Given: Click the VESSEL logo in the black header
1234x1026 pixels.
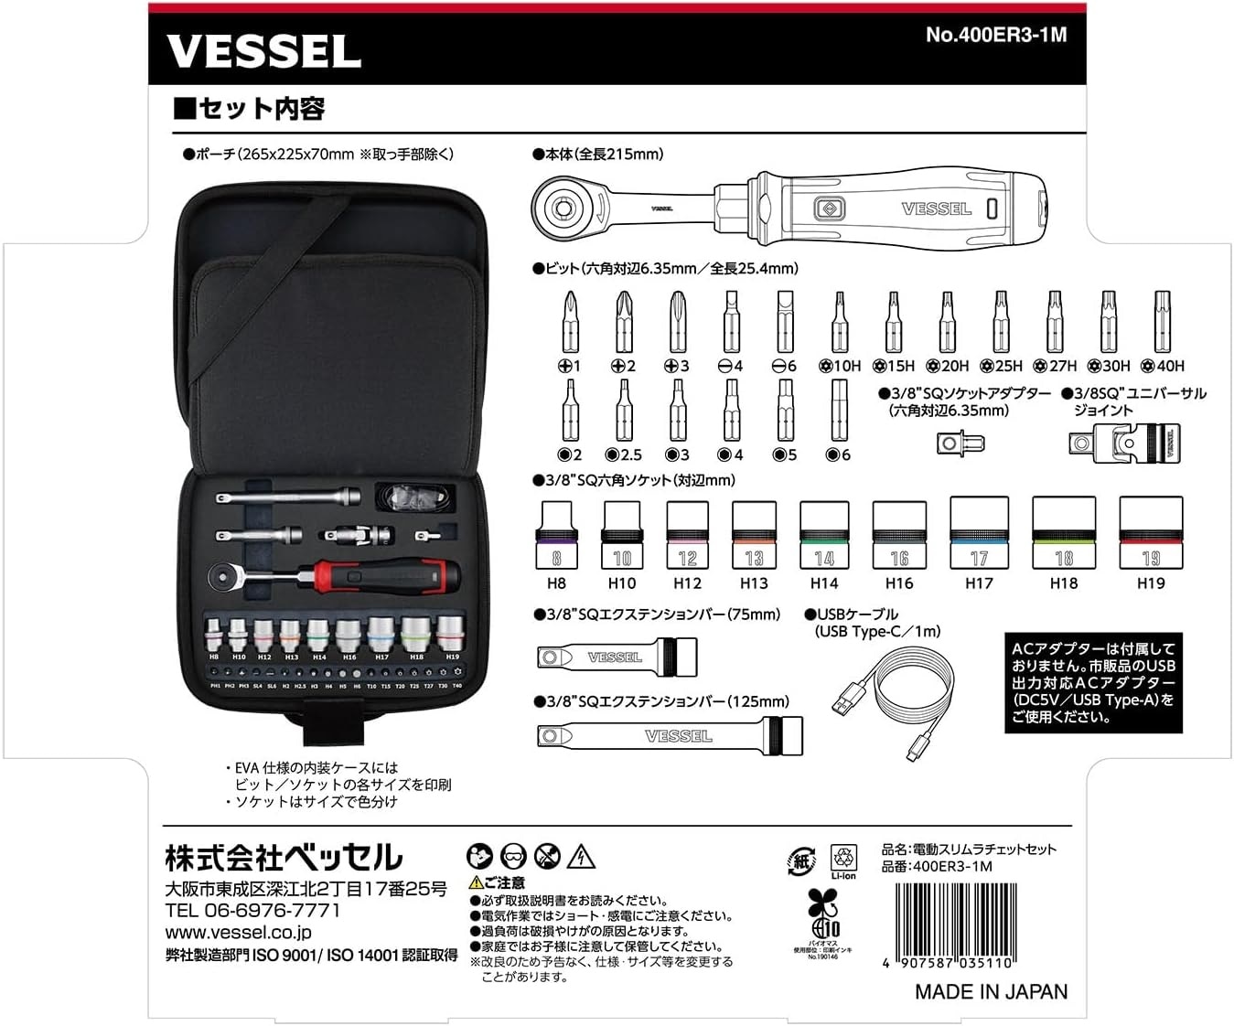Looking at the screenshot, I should [263, 52].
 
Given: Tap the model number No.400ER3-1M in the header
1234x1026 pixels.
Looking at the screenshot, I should [995, 35].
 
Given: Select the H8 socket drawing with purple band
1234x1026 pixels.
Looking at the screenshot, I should [556, 535].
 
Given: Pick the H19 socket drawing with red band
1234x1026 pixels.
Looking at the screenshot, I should [1151, 532].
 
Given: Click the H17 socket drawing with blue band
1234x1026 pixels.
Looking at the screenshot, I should [979, 532].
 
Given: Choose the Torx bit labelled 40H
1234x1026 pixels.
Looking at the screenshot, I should [1162, 322].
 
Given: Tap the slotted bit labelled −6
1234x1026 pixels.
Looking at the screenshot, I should [785, 322].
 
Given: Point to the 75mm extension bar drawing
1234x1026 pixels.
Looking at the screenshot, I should [616, 657].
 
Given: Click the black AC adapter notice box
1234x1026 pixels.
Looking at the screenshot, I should [1092, 682].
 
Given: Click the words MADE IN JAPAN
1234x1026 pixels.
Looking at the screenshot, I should [991, 991].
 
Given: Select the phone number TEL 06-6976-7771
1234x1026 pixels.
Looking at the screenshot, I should [252, 911].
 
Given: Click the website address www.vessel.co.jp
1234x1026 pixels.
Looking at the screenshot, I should [238, 933].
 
